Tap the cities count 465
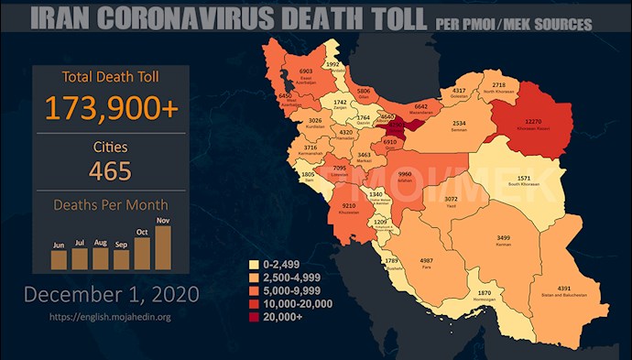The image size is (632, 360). [x=110, y=170]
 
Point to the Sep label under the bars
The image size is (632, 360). [x=121, y=245]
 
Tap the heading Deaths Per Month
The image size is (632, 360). [x=110, y=205]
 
